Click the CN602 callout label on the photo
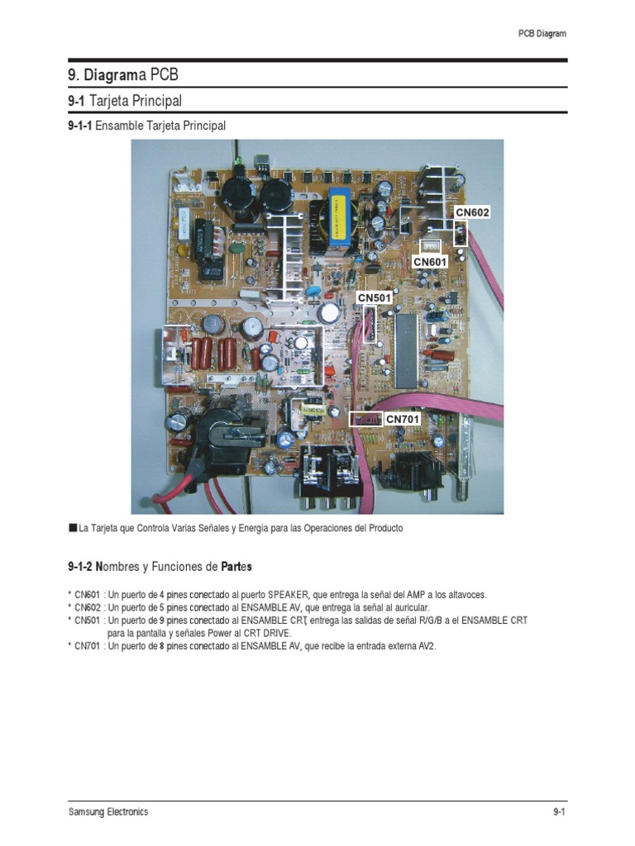473,212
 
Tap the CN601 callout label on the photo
430,262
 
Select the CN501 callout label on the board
374,297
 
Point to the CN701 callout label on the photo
403,419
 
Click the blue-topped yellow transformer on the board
339,217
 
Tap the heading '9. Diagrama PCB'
123,75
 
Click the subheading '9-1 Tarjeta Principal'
125,101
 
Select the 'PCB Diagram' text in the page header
542,34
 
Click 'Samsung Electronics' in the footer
108,812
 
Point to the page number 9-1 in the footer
558,812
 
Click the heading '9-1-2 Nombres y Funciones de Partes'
160,568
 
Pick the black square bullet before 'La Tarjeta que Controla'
73,527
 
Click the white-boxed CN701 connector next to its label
365,419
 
